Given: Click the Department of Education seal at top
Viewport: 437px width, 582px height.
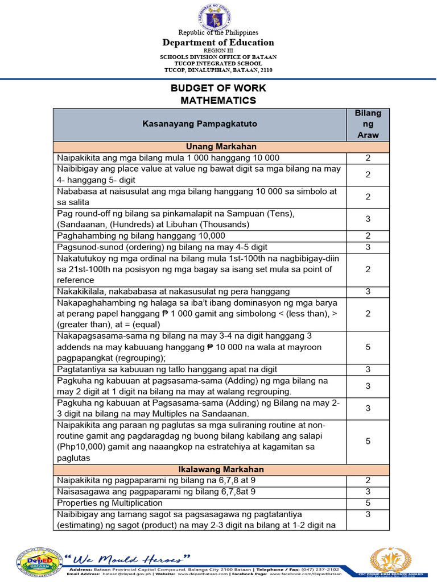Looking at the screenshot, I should (218, 16).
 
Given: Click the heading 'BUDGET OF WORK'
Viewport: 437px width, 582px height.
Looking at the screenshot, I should (218, 89).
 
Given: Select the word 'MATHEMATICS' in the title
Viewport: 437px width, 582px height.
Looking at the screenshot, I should (218, 101).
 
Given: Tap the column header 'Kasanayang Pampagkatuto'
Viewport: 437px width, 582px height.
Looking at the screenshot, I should (200, 124).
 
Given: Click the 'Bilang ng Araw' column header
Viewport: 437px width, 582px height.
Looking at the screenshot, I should (368, 124).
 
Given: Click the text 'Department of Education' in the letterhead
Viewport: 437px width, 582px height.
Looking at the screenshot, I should (218, 43).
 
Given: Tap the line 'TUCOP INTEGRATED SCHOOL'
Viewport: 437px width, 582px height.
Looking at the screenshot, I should (218, 64).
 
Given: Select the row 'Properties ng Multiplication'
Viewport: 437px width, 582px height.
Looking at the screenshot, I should (110, 503).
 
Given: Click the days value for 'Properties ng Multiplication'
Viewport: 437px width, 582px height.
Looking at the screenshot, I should (368, 503).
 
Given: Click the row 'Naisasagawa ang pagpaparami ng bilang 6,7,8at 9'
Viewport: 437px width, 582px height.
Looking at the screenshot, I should (154, 492).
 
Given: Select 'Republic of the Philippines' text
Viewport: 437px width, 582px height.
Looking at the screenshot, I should (218, 32).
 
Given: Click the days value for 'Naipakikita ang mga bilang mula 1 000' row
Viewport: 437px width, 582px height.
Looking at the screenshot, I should (368, 158).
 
